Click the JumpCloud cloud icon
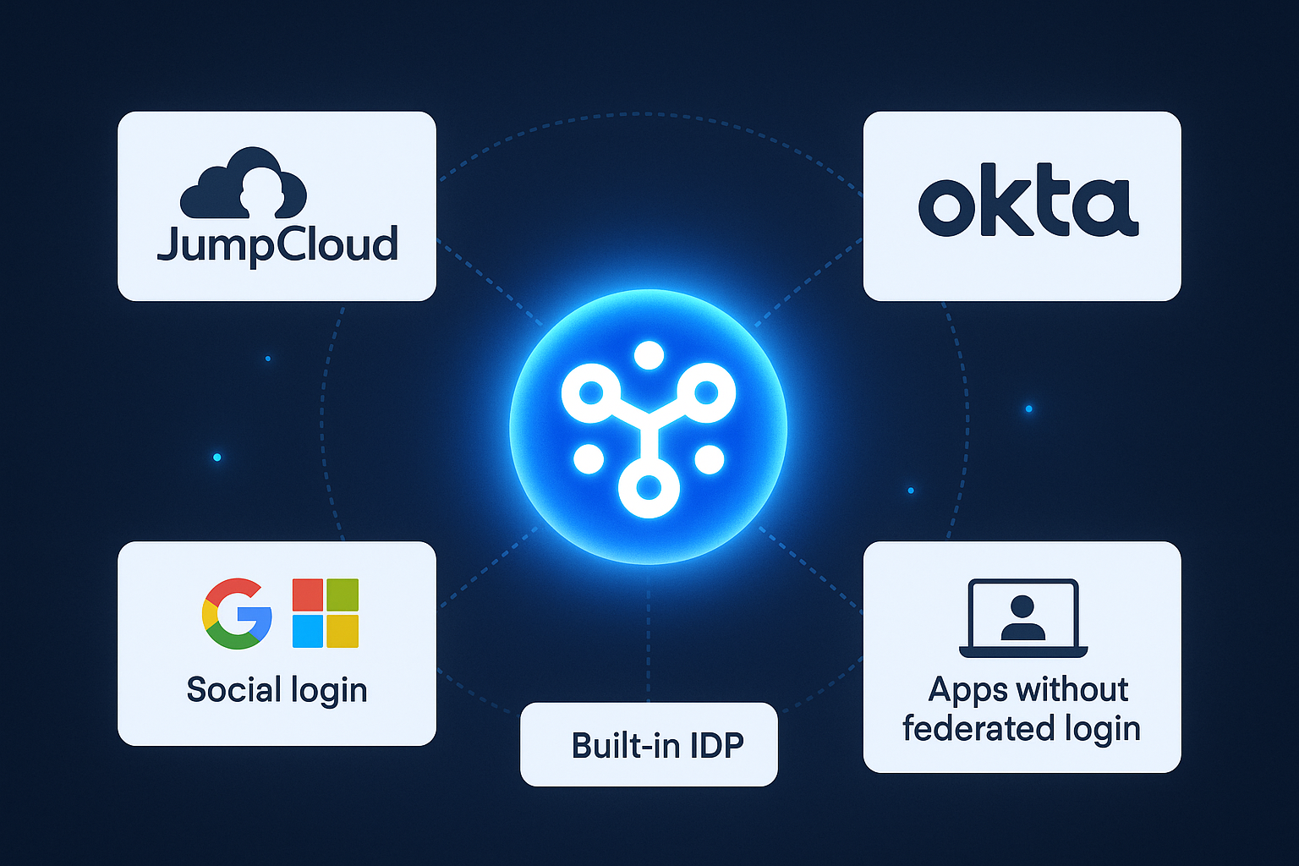coord(243,184)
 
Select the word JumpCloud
coord(277,244)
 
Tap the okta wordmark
coord(1028,206)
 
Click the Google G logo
coord(237,613)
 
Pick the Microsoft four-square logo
coord(326,613)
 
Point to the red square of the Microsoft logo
coord(308,595)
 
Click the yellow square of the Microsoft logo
coord(343,631)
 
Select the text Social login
coord(277,690)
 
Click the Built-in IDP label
coord(657,745)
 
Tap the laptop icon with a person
coord(1022,617)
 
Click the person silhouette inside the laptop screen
coord(1022,617)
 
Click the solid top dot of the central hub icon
coord(649,355)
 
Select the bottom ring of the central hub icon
coord(648,488)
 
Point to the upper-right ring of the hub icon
coord(706,392)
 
